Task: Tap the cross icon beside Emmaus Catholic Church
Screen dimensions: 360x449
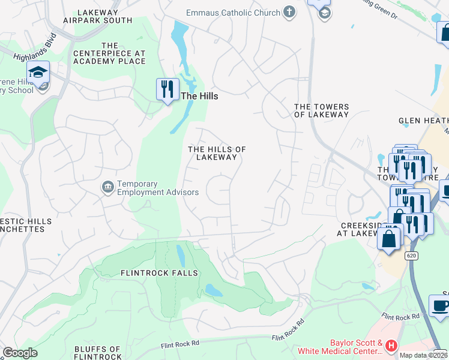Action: tap(289, 12)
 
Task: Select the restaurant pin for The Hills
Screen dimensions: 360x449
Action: tap(167, 89)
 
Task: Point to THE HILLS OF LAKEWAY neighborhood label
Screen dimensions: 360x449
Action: tap(217, 153)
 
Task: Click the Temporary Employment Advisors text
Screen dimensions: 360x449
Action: tap(158, 188)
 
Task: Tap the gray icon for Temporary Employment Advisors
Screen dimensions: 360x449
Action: tap(108, 188)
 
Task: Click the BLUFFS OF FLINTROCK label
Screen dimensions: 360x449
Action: tap(98, 353)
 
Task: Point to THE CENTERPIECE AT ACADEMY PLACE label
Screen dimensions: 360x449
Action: tap(109, 53)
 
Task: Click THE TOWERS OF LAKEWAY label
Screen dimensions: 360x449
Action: tap(321, 110)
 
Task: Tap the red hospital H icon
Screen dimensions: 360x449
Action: tap(391, 346)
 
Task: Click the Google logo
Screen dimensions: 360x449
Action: tap(20, 353)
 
